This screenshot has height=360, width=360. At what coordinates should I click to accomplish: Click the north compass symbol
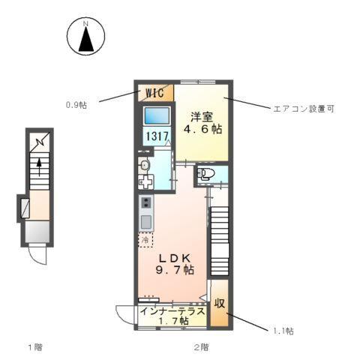pyautogui.click(x=86, y=37)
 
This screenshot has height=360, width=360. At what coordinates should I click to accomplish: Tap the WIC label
pyautogui.click(x=155, y=93)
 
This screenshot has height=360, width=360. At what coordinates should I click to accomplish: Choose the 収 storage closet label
pyautogui.click(x=220, y=304)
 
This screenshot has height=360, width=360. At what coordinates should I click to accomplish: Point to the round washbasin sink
pyautogui.click(x=144, y=164)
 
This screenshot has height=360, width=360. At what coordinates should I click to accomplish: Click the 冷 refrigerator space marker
pyautogui.click(x=144, y=241)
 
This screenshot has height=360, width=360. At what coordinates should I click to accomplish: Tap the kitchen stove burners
pyautogui.click(x=145, y=202)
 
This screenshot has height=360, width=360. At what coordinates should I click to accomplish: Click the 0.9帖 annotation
pyautogui.click(x=76, y=105)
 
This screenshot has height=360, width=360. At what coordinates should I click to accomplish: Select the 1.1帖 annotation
pyautogui.click(x=283, y=330)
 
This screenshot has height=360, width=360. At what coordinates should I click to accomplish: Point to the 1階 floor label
pyautogui.click(x=34, y=347)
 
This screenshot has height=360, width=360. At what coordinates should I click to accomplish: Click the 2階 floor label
pyautogui.click(x=199, y=347)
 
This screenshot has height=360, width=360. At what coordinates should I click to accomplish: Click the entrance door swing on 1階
pyautogui.click(x=35, y=255)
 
